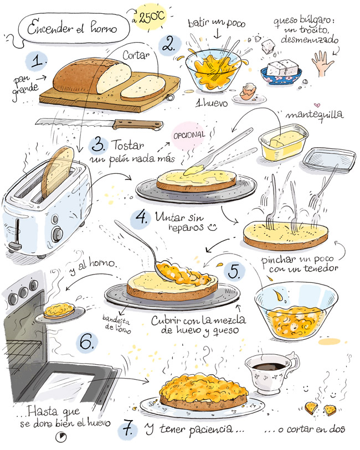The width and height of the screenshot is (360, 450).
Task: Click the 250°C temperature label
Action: click(x=152, y=17)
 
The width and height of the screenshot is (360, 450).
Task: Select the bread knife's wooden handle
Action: click(x=138, y=125)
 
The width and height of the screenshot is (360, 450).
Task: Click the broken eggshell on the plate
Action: click(x=248, y=91)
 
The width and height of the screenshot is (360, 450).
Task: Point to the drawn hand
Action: click(x=322, y=64)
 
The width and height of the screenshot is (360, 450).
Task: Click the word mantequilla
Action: click(x=315, y=115)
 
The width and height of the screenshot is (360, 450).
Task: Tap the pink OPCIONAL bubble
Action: click(x=189, y=136)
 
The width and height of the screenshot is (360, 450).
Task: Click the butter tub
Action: click(x=283, y=142)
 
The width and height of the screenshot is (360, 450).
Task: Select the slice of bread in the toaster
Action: click(x=58, y=172)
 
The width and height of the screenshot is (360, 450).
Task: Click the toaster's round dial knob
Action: click(x=58, y=234)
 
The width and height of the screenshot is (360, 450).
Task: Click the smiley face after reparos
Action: click(x=213, y=227)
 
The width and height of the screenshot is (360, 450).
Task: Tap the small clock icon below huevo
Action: click(x=61, y=437)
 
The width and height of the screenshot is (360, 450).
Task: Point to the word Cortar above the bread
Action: click(x=136, y=55)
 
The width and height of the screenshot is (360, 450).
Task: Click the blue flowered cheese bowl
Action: click(x=281, y=75)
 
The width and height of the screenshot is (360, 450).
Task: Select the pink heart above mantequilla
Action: click(x=317, y=105)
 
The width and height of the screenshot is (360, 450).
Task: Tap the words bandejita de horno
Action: click(x=117, y=324)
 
